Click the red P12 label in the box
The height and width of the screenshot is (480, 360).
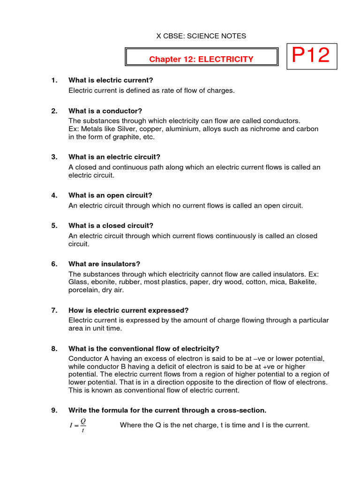(x=311, y=56)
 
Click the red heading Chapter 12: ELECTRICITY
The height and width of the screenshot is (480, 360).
(x=201, y=59)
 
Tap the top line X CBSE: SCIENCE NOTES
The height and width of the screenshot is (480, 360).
(x=194, y=36)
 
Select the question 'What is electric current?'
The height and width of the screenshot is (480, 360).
(x=111, y=80)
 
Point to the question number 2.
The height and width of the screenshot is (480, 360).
(x=54, y=111)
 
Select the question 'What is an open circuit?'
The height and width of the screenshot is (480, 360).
(x=110, y=195)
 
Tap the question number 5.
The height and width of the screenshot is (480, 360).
(x=54, y=225)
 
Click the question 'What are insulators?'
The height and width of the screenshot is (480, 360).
(x=105, y=264)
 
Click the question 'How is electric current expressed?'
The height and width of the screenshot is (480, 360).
(x=128, y=310)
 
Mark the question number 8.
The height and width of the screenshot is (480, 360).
(x=54, y=349)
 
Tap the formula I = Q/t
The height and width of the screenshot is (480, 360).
(x=77, y=426)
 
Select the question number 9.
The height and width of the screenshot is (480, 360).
(x=54, y=411)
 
